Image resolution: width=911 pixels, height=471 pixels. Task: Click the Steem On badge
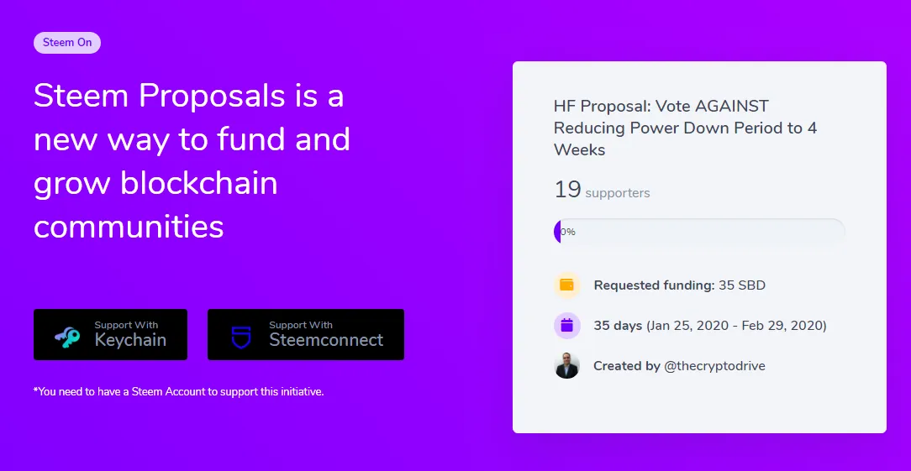click(67, 43)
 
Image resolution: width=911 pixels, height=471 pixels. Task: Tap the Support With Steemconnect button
click(306, 334)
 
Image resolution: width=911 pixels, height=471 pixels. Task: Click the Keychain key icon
click(67, 338)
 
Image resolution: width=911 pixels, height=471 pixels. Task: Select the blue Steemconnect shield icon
click(240, 338)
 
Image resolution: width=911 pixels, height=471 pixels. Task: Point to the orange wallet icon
click(566, 285)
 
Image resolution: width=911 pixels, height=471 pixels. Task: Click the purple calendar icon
click(566, 325)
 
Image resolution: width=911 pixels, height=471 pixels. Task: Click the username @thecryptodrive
click(714, 366)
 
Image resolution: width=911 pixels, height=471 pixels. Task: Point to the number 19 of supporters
click(567, 190)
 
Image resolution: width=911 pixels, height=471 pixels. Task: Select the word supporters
click(618, 193)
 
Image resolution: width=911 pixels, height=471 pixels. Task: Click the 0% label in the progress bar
click(568, 233)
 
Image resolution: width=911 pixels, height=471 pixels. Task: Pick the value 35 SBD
click(742, 285)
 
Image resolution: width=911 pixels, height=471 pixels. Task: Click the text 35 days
click(618, 325)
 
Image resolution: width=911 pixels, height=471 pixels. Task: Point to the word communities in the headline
click(129, 226)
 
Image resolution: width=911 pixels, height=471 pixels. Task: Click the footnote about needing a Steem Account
click(178, 391)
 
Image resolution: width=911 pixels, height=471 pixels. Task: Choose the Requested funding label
click(654, 285)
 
